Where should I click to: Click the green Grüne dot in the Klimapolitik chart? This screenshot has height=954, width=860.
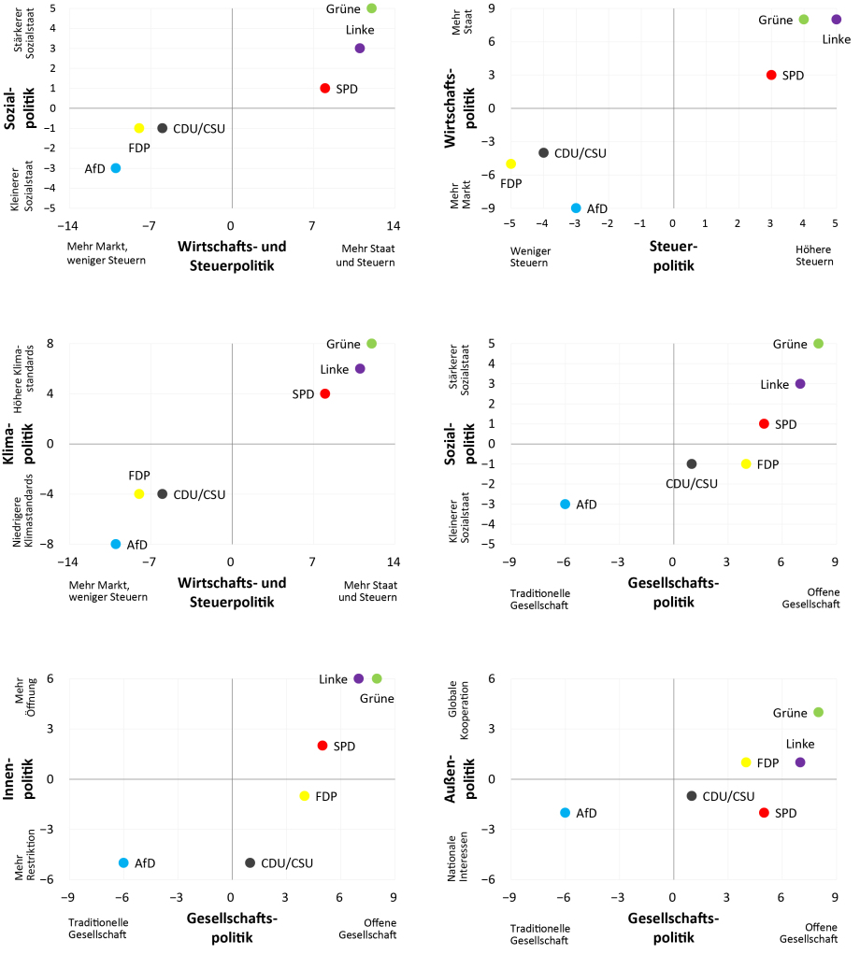pyautogui.click(x=371, y=344)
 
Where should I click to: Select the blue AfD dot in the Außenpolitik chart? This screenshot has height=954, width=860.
pyautogui.click(x=565, y=813)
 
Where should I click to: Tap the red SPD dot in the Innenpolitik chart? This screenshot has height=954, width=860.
pyautogui.click(x=322, y=746)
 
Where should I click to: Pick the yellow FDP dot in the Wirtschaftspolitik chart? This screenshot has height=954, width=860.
pyautogui.click(x=511, y=164)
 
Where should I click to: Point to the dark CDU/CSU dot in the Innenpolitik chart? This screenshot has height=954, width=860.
pyautogui.click(x=250, y=863)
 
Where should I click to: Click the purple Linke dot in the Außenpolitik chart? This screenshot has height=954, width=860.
pyautogui.click(x=800, y=762)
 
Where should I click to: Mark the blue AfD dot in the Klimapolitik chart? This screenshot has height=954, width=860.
pyautogui.click(x=116, y=544)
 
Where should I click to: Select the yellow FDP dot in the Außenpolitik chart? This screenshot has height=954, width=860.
pyautogui.click(x=746, y=762)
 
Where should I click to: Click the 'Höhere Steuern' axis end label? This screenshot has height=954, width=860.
pyautogui.click(x=813, y=255)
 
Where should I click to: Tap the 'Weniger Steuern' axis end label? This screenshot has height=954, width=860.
pyautogui.click(x=529, y=255)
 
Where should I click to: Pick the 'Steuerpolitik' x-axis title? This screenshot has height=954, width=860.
pyautogui.click(x=673, y=256)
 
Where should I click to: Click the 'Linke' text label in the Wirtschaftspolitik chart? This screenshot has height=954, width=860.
pyautogui.click(x=836, y=39)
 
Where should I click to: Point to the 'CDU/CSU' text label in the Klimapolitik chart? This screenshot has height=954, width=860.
pyautogui.click(x=199, y=494)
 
